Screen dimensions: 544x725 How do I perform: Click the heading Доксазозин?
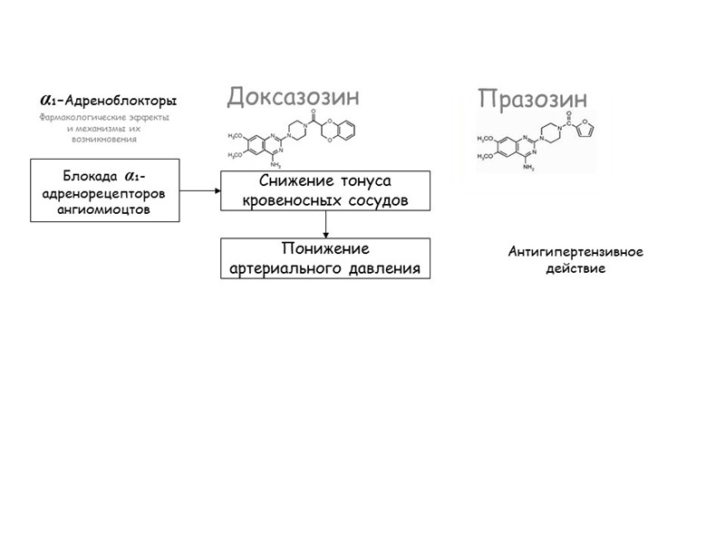(x=293, y=96)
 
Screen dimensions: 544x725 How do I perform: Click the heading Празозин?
(x=533, y=97)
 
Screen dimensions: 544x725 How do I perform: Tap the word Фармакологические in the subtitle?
(x=80, y=117)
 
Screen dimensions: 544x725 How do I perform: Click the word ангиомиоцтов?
(x=105, y=209)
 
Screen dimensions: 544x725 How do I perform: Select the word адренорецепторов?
(x=105, y=192)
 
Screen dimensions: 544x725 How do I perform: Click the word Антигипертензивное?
(x=575, y=252)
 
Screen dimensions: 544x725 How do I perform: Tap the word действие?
(x=575, y=268)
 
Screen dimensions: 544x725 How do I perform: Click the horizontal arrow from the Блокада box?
(x=200, y=190)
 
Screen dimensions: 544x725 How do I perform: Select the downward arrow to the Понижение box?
(x=325, y=225)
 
